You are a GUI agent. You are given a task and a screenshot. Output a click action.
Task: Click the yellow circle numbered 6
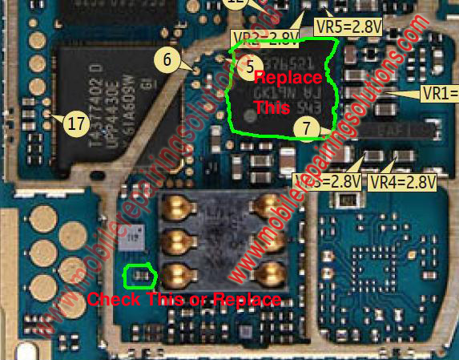pyautogui.click(x=167, y=59)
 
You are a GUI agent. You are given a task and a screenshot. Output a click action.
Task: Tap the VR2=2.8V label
pyautogui.click(x=265, y=38)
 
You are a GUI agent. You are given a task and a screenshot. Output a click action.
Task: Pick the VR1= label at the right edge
pyautogui.click(x=439, y=93)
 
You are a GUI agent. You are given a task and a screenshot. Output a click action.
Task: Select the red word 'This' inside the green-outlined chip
pyautogui.click(x=268, y=105)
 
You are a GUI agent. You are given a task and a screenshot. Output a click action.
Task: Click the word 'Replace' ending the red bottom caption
pyautogui.click(x=253, y=300)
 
